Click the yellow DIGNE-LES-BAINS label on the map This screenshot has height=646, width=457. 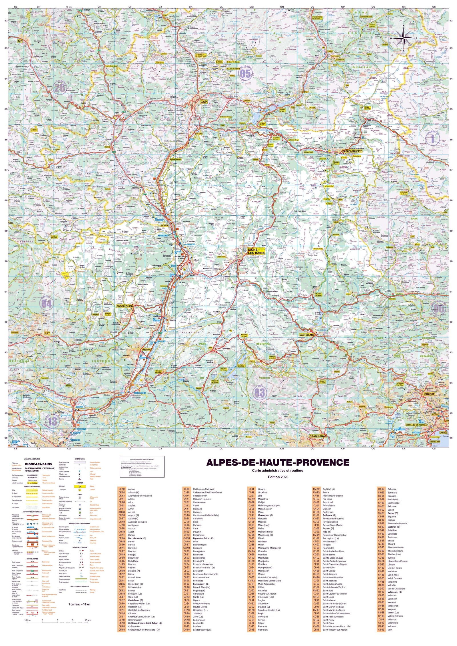[x=256, y=251]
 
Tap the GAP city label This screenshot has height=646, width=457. [x=204, y=102]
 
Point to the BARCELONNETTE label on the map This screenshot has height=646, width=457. [x=352, y=151]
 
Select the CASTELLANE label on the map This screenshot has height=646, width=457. [x=306, y=335]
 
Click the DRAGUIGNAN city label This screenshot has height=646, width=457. [x=318, y=436]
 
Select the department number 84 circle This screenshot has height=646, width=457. [x=47, y=303]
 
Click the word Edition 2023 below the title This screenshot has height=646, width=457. [x=278, y=477]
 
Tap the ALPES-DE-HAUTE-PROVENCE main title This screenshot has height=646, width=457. [x=278, y=462]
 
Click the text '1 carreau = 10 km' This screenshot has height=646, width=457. [x=79, y=604]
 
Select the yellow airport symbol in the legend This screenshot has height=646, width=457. [x=80, y=486]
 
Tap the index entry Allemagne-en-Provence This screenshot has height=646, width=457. [x=140, y=496]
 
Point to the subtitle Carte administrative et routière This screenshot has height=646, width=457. [x=278, y=471]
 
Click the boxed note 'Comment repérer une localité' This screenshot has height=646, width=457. [x=142, y=467]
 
